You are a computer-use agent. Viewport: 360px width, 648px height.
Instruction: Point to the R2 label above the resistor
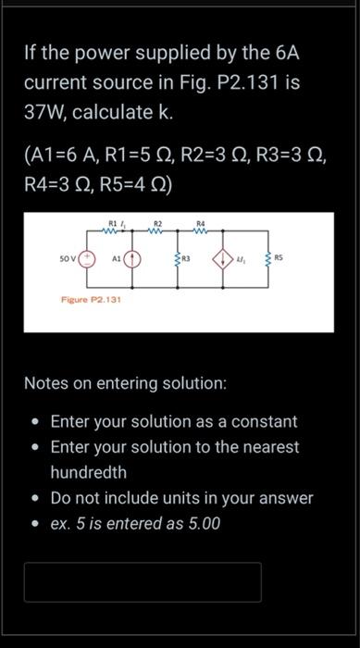coord(158,222)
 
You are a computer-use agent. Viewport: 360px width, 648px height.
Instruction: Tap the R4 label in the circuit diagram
coord(201,222)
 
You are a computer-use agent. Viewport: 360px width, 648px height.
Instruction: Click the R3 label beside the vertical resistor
coord(186,256)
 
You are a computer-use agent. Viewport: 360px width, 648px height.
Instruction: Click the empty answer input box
coord(143,582)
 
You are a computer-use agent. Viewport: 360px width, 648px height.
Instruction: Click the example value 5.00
coord(201,523)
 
